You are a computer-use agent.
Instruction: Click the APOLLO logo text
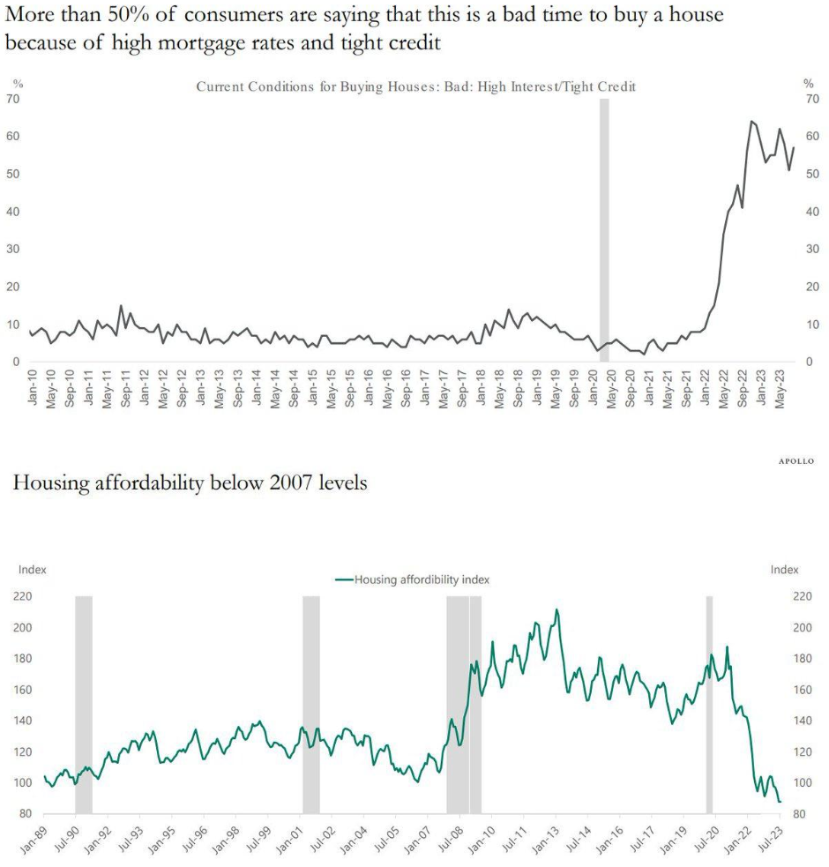796,460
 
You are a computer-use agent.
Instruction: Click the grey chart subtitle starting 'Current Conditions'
415,86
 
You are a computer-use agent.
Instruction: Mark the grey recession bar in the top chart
604,229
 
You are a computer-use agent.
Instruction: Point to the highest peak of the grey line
751,122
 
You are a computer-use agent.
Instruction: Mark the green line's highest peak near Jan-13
556,609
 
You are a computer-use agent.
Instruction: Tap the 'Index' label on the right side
784,570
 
